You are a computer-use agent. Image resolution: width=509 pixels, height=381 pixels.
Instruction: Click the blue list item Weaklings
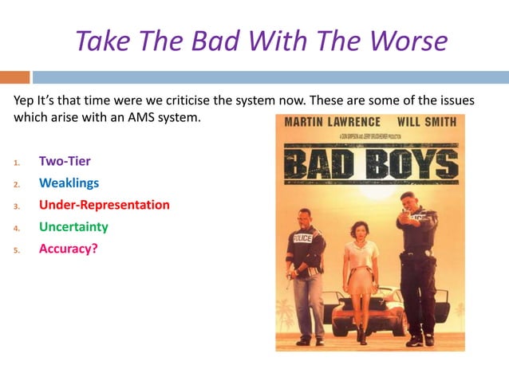(x=69, y=183)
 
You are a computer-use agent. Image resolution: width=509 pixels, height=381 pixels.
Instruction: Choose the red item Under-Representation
(x=105, y=205)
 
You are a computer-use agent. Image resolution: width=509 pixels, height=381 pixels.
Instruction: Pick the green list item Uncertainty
(x=73, y=227)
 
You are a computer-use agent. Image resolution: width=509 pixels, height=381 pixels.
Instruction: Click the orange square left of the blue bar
(x=14, y=77)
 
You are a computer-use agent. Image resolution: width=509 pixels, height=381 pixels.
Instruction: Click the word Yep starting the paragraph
(x=25, y=100)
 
